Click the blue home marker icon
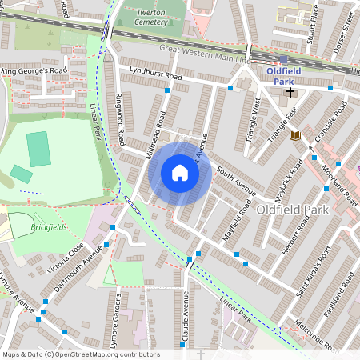(x=180, y=173)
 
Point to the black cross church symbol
(x=290, y=93)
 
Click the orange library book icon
(x=294, y=135)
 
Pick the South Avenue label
(x=235, y=182)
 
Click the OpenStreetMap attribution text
(x=80, y=354)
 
